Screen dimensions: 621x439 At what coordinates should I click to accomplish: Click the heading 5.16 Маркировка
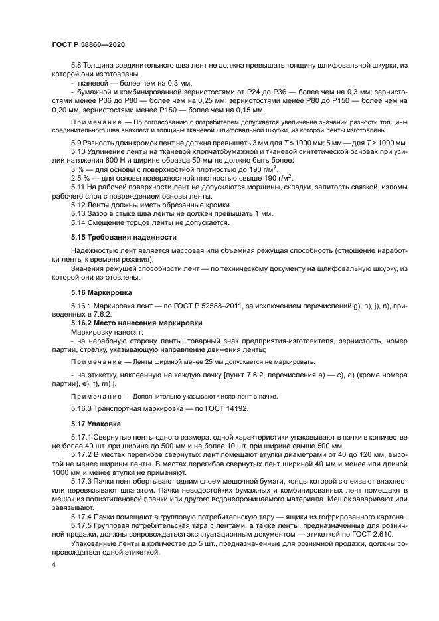[101, 292]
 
